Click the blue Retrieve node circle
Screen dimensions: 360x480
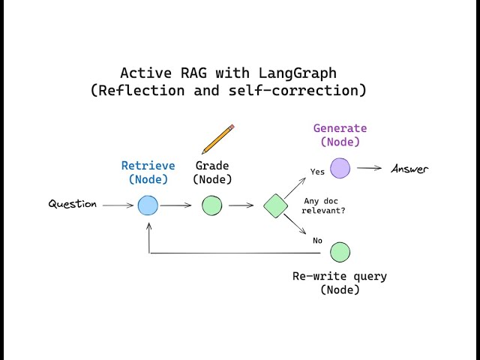coord(148,205)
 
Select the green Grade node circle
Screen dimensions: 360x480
coord(212,205)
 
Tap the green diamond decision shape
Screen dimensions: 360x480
coord(276,205)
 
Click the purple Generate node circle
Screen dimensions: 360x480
coord(340,168)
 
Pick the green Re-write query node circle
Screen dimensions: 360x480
coord(340,253)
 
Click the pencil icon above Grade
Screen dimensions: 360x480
coord(218,139)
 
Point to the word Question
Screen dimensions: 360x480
coord(73,204)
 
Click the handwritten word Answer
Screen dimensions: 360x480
coord(409,169)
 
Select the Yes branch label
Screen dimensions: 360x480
coord(317,172)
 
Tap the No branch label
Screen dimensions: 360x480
coord(317,241)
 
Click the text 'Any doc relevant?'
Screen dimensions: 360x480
coord(324,205)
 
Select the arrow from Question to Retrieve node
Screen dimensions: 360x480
coord(118,205)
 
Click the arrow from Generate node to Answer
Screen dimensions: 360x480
coord(369,168)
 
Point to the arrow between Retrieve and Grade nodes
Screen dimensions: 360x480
coord(176,205)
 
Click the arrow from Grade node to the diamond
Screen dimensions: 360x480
coord(241,205)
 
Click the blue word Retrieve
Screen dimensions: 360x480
coord(148,166)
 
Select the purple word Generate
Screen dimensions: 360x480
coord(340,128)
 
